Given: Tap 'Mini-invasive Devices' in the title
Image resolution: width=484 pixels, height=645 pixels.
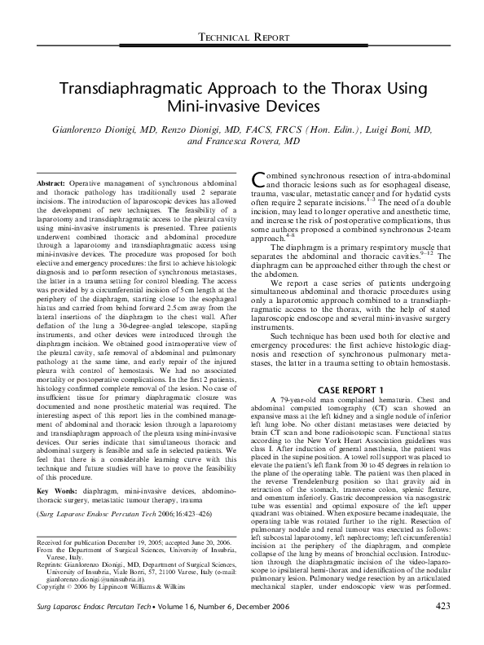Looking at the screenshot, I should click(241, 107).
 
